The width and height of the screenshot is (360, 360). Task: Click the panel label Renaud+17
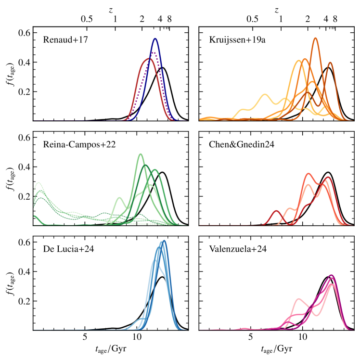[x=63, y=40]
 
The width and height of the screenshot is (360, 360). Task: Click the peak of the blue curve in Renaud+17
[x=155, y=39]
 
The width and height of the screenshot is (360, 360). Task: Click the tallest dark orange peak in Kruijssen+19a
[x=315, y=38]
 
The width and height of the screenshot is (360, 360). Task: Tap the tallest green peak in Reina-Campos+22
[x=140, y=154]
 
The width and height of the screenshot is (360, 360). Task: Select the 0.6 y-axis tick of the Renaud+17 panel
[x=24, y=33]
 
